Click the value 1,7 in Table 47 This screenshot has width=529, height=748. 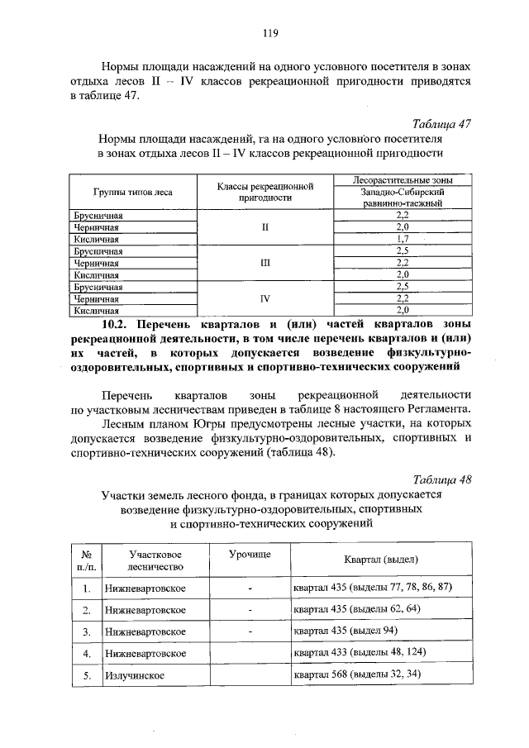pyautogui.click(x=403, y=239)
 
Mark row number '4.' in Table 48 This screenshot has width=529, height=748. pyautogui.click(x=86, y=653)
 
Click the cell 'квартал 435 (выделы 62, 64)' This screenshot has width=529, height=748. pyautogui.click(x=357, y=610)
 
